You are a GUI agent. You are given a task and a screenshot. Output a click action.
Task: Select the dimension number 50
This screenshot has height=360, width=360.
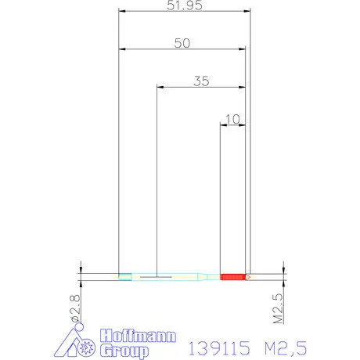point(182,43)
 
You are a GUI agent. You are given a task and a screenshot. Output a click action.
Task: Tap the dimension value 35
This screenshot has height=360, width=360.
point(201,81)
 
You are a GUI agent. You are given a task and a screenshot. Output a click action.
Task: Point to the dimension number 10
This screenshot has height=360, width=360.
point(232,119)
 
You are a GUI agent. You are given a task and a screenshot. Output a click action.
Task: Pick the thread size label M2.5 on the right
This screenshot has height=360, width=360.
point(279,308)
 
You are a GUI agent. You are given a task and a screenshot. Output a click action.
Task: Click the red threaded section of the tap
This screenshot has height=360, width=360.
point(232,276)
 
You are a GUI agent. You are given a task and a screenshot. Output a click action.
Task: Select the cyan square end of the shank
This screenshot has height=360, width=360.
point(124,276)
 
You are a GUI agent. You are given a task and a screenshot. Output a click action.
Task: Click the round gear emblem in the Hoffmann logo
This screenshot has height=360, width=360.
point(87,344)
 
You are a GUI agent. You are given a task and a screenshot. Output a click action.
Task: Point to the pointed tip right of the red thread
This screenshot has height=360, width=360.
point(248,276)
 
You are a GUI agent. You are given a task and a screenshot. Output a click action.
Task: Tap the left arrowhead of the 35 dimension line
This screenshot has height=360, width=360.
point(160,88)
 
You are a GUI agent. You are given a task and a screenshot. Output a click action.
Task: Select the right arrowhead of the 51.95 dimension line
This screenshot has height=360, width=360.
point(250,12)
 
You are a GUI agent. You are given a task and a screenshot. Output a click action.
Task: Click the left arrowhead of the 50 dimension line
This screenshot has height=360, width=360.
point(121,49)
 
